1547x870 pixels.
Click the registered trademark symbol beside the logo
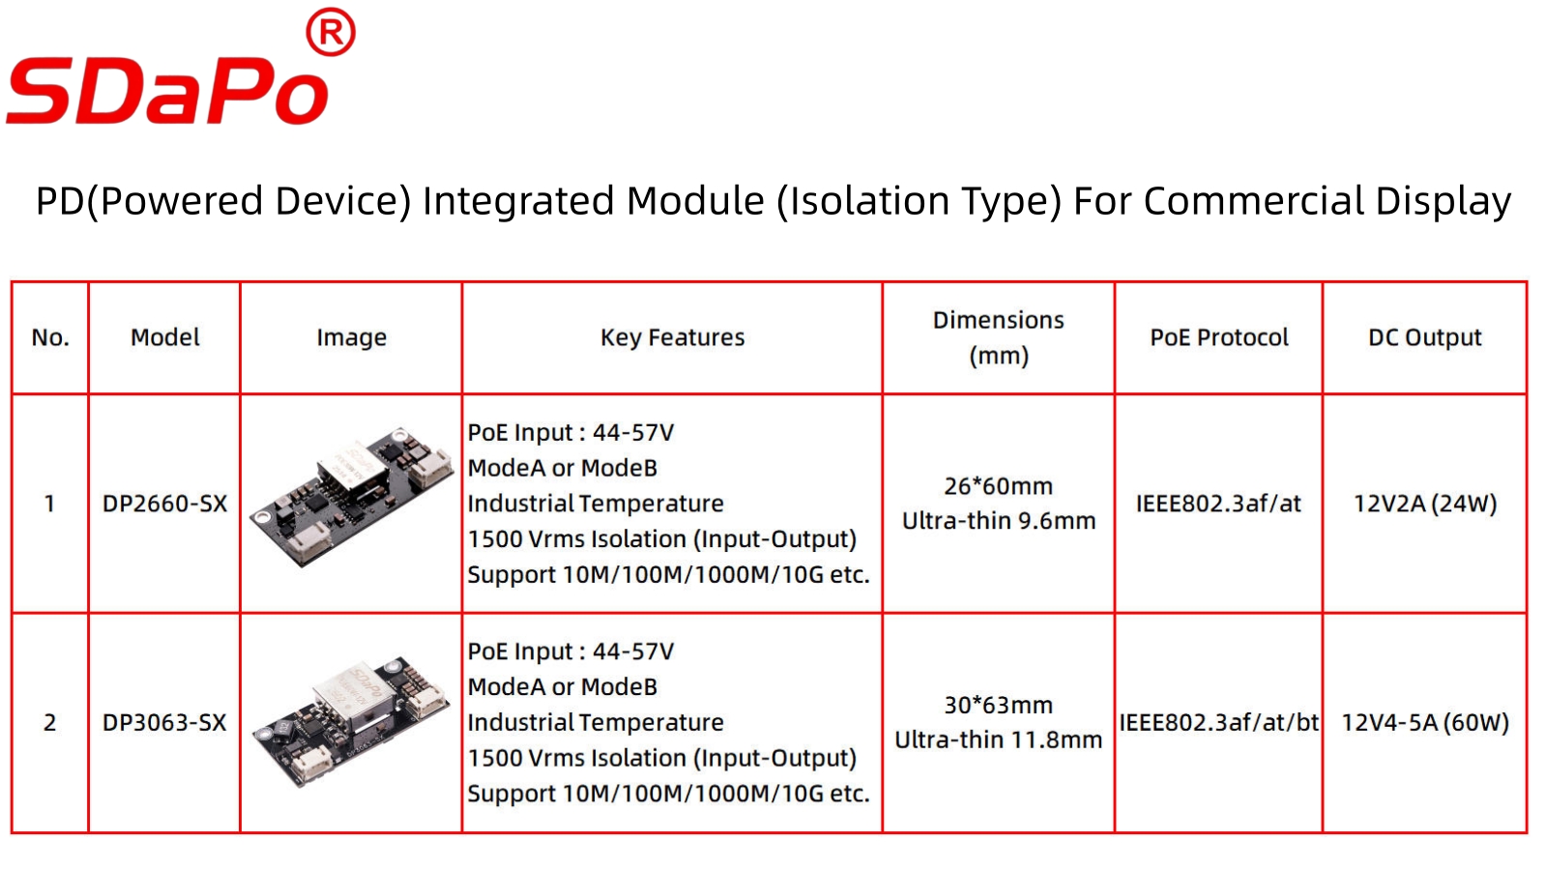330,32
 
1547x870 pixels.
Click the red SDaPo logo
168,90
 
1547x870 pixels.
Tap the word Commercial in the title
1253,201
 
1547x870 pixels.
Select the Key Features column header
672,337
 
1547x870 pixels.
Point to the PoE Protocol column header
1219,337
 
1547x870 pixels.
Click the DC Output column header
1425,337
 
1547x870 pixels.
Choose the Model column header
165,337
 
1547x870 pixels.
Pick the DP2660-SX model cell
164,504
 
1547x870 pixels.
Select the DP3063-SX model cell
164,722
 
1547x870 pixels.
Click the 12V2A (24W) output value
1425,504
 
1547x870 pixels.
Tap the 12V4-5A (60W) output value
1425,722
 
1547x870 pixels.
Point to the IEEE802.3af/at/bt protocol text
1219,722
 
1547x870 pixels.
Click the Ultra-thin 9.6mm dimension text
999,521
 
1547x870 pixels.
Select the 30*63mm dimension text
999,705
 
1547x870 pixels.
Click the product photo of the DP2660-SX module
351,497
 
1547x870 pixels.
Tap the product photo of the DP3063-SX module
351,721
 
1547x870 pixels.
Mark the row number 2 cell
49,722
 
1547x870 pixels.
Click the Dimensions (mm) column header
999,337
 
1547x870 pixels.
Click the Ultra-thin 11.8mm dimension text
999,739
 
